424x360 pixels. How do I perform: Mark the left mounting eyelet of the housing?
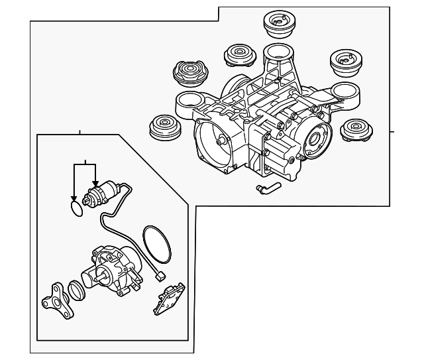[187, 102]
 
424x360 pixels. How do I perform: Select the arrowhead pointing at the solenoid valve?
[95, 184]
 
